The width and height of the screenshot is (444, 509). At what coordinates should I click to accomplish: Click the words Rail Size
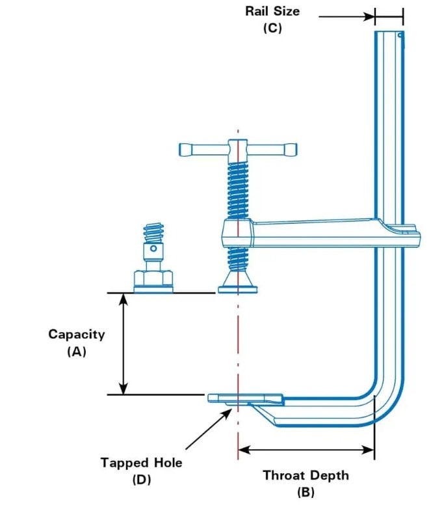pyautogui.click(x=272, y=12)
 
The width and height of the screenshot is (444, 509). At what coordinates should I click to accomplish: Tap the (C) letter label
pyautogui.click(x=272, y=29)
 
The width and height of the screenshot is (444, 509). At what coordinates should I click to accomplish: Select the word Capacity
pyautogui.click(x=77, y=335)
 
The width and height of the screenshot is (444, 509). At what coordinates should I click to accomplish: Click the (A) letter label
pyautogui.click(x=77, y=351)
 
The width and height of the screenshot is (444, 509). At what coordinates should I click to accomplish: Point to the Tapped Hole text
pyautogui.click(x=141, y=463)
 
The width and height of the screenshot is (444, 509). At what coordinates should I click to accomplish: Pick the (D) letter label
pyautogui.click(x=141, y=480)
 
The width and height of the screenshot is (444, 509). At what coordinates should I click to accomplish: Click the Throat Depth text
pyautogui.click(x=306, y=475)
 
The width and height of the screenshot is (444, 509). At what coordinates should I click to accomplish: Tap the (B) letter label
pyautogui.click(x=306, y=492)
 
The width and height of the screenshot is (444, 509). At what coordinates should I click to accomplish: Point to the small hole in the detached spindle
pyautogui.click(x=153, y=248)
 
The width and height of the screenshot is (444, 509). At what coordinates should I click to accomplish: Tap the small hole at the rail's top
pyautogui.click(x=400, y=34)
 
